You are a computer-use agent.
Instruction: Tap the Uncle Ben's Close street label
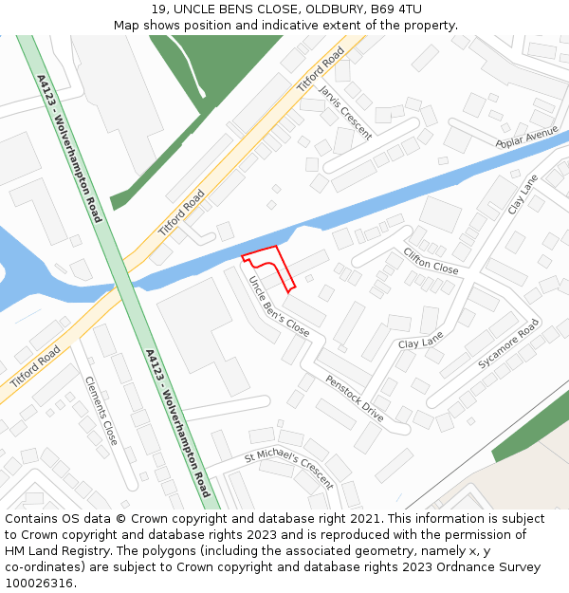click(x=279, y=306)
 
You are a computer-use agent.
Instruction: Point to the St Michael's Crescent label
click(x=288, y=469)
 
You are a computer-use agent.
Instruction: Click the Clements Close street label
click(x=101, y=411)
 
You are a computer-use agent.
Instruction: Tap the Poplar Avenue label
click(x=526, y=138)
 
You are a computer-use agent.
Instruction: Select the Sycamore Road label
click(x=508, y=343)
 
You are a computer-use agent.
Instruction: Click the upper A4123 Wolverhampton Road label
click(x=69, y=149)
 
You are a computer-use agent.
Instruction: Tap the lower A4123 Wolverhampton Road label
click(x=177, y=423)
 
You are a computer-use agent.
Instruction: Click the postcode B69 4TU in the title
click(x=396, y=9)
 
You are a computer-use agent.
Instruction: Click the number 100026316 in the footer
click(x=39, y=583)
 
